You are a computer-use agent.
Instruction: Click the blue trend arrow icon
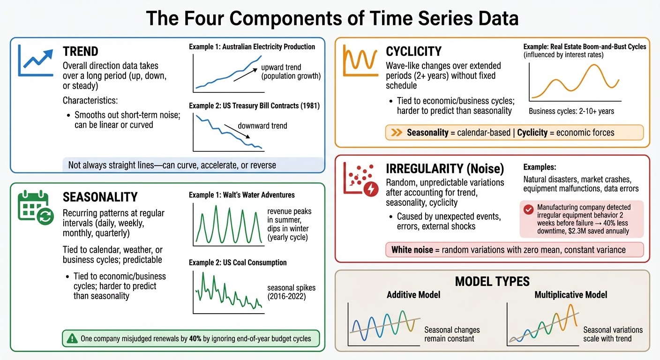(34, 60)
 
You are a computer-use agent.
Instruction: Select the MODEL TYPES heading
(492, 281)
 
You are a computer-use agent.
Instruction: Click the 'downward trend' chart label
(262, 126)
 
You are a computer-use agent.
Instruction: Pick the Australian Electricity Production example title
(252, 46)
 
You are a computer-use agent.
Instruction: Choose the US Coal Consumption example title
(238, 262)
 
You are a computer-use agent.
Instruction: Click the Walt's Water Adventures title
(241, 195)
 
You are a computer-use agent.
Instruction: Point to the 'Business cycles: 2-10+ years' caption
(571, 112)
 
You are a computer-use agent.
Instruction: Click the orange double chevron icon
(397, 133)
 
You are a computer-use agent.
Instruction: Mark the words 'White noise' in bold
(412, 249)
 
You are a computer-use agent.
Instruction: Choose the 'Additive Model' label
(413, 295)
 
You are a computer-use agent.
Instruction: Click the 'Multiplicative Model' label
(570, 295)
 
